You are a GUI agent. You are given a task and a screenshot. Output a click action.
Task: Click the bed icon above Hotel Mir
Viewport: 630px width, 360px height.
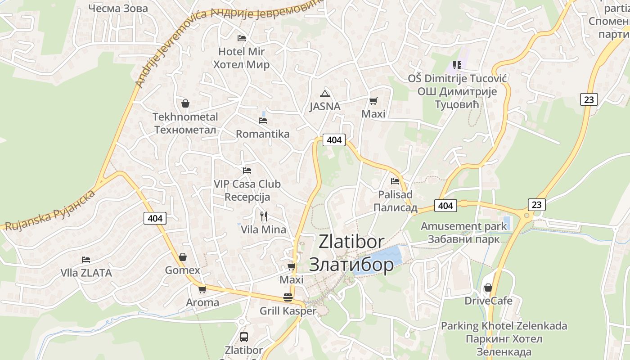(x=242, y=38)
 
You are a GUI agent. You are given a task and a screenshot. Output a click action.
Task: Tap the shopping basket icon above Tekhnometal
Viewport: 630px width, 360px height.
(x=185, y=104)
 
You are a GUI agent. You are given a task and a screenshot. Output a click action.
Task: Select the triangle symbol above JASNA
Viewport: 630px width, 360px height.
(x=324, y=94)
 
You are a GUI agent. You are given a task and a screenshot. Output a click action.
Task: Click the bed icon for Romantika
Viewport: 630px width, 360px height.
(x=263, y=121)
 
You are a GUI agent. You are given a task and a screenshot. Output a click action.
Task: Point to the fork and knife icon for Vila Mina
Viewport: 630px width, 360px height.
(x=264, y=216)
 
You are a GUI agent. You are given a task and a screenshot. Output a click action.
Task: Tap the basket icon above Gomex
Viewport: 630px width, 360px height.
(x=183, y=257)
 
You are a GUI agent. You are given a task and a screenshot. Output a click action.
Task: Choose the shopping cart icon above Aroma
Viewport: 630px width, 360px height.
(x=202, y=289)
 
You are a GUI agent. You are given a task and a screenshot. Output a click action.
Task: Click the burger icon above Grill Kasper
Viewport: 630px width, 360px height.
(x=288, y=297)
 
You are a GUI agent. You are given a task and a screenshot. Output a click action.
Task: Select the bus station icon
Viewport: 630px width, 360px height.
(x=243, y=337)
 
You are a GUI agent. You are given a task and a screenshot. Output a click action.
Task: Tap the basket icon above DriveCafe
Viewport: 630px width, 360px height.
(x=488, y=287)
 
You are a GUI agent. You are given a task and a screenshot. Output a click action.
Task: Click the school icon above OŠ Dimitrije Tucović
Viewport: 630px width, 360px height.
(x=457, y=65)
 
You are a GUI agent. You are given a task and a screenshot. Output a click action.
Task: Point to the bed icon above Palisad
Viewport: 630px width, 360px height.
(x=395, y=181)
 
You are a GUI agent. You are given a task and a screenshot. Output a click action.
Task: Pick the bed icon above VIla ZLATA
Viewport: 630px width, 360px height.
(x=86, y=260)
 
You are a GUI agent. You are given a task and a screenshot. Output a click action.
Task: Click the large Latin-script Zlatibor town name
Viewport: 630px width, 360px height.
(x=351, y=242)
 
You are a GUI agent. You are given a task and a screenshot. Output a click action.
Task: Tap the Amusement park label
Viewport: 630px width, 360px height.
(x=463, y=226)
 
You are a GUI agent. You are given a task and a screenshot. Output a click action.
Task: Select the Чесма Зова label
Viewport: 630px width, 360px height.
(x=118, y=8)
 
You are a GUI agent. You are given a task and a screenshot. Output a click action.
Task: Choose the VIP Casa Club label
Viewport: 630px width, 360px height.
(x=247, y=184)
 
